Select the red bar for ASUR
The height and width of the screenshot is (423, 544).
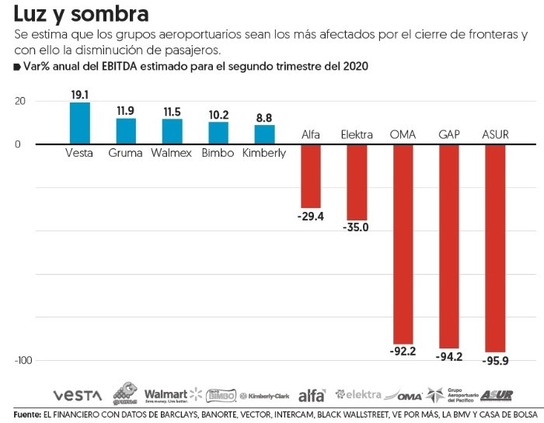coord(495,248)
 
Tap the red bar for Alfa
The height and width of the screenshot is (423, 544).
coord(311,175)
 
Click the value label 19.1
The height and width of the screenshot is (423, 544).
coord(79,95)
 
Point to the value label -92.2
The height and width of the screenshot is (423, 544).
coord(403,352)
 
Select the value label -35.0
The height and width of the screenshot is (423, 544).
coord(357,228)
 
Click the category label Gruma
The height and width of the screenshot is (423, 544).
coord(125,153)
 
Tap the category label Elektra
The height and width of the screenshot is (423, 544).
coord(357,135)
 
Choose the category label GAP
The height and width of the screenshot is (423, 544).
coord(449,135)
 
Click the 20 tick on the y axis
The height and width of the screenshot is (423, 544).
coord(19,101)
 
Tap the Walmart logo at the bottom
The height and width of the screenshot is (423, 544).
coord(173,394)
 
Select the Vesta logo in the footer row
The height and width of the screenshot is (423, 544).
coord(78,395)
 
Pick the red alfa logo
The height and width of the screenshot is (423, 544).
coord(312,394)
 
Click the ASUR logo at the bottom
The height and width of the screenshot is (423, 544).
coord(496,395)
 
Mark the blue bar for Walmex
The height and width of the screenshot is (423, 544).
coord(172,131)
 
